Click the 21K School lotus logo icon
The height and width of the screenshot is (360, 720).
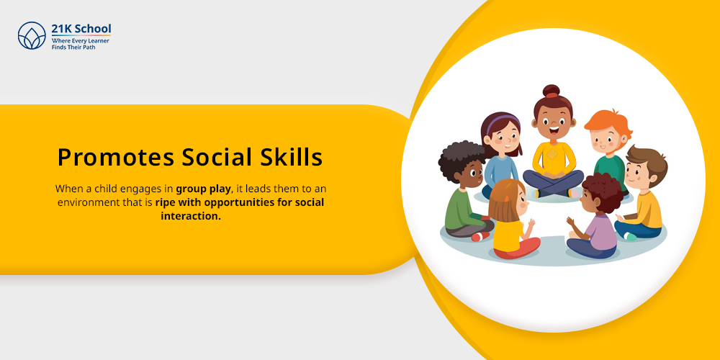(x=32, y=35)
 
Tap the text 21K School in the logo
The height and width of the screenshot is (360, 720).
(x=81, y=29)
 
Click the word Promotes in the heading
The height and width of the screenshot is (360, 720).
(x=116, y=158)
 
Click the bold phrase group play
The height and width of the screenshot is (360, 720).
(x=203, y=189)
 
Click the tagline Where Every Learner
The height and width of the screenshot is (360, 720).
(x=81, y=41)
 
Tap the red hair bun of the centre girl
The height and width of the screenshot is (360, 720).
(x=551, y=91)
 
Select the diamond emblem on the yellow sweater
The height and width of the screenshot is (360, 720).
(x=552, y=154)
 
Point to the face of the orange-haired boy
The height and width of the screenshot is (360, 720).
(x=606, y=140)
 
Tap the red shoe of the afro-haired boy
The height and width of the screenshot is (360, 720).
(x=480, y=236)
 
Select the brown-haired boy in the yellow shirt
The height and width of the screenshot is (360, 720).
(x=641, y=193)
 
